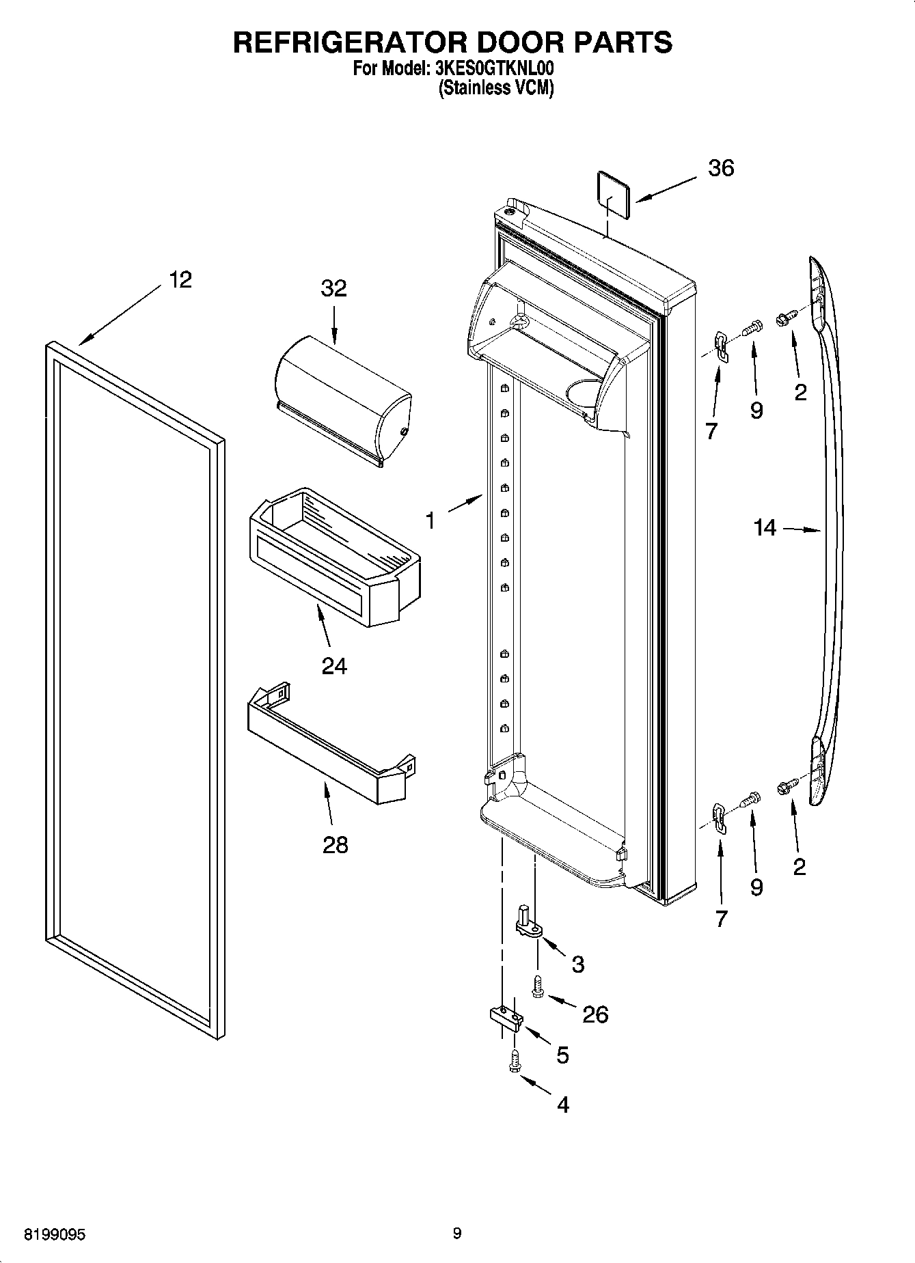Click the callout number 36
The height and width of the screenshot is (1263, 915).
pos(721,168)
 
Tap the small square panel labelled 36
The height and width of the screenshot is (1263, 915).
pos(612,193)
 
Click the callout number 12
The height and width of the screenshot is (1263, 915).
pos(180,279)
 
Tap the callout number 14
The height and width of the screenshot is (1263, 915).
pos(765,527)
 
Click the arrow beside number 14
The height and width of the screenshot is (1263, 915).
pos(802,529)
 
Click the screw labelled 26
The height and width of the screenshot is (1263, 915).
pos(538,987)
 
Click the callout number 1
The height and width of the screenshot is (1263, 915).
pos(429,521)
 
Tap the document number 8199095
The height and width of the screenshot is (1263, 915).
pos(55,1235)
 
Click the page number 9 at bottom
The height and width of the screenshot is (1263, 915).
pos(457,1234)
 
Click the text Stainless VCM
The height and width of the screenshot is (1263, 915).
pos(495,88)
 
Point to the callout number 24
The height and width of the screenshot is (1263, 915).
pos(334,665)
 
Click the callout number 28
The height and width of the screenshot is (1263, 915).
pos(335,845)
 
